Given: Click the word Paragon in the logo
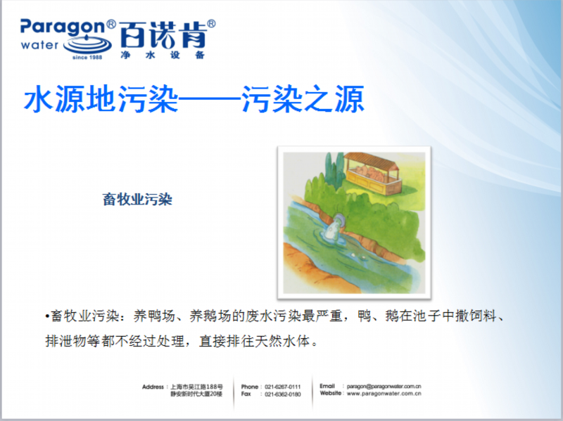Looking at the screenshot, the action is pos(63,28).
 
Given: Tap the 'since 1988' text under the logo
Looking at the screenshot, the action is pos(87,57).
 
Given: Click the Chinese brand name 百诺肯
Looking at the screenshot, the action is pos(163,34).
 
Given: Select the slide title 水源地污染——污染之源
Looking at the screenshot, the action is pos(194,99).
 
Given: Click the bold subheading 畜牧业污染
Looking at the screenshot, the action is pos(137,200).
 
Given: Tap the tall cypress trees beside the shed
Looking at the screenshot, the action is pos(333,168).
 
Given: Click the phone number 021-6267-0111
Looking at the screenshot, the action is pos(283,387).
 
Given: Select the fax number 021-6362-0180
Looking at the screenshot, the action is pos(283,394).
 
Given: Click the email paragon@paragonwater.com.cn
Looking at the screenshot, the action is pos(384,387).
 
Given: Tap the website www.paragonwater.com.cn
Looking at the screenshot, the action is pos(384,394).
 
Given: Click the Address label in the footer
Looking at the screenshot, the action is pos(153,387).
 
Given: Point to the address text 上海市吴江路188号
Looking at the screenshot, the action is pos(196,387).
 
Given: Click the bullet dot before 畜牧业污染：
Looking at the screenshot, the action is pos(47,317).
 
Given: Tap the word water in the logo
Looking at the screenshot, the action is pos(39,45).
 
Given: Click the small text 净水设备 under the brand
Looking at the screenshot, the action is pos(163,55).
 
